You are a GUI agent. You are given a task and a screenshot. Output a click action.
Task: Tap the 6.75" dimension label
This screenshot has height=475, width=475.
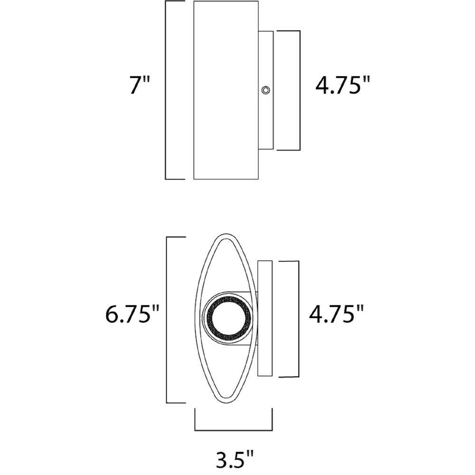pyautogui.click(x=132, y=314)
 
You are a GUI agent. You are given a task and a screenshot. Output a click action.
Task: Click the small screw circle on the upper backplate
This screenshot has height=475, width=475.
pyautogui.click(x=266, y=90)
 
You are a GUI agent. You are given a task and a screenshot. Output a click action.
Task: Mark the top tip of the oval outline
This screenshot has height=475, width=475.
pyautogui.click(x=226, y=235)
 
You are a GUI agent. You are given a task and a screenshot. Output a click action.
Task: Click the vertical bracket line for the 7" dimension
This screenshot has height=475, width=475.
pyautogui.click(x=165, y=90)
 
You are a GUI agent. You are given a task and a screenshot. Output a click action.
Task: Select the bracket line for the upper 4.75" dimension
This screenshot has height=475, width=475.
pyautogui.click(x=300, y=90)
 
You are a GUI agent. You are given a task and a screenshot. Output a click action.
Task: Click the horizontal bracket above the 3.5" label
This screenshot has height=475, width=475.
pyautogui.click(x=233, y=429)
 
